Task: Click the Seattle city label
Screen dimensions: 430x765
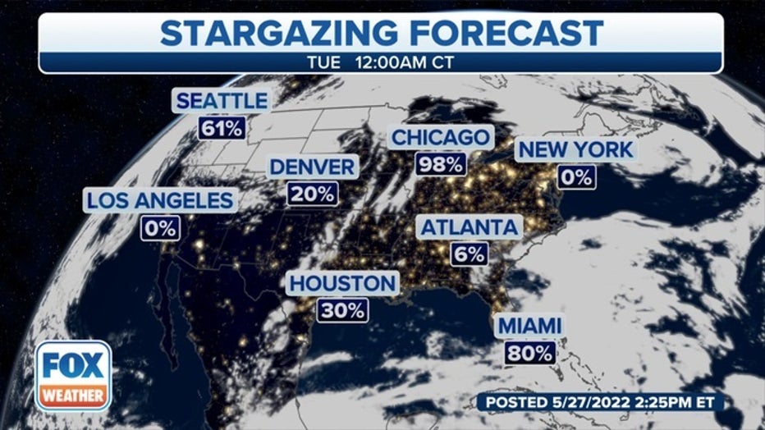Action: (221, 101)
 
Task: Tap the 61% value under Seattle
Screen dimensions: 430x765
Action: (221, 128)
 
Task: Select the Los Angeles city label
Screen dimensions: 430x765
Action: (160, 199)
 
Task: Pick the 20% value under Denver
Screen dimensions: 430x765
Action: (312, 194)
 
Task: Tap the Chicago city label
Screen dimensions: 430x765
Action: (440, 136)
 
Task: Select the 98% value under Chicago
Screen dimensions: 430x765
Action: (440, 163)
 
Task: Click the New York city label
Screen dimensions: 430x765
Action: (575, 149)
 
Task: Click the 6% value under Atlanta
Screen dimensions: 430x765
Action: (469, 254)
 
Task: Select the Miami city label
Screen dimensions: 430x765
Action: (529, 326)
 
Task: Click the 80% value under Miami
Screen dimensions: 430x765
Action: (529, 353)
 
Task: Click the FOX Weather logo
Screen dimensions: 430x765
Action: (73, 376)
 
